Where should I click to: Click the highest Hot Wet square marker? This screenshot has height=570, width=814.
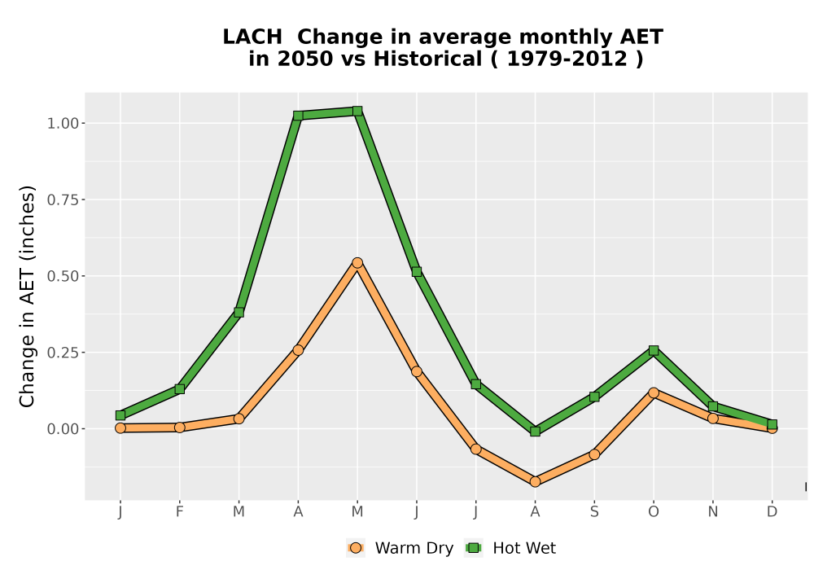click(357, 111)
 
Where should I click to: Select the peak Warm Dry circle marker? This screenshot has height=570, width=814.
click(357, 263)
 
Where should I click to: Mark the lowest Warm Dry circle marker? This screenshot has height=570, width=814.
click(536, 482)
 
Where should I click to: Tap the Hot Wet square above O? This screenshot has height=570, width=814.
click(654, 350)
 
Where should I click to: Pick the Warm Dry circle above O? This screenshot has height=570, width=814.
click(654, 392)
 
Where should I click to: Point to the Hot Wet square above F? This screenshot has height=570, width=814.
click(180, 389)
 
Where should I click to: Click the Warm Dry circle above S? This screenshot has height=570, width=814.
click(594, 454)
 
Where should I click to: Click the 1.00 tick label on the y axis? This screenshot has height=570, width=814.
click(63, 124)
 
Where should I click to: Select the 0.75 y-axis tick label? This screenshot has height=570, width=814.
click(63, 199)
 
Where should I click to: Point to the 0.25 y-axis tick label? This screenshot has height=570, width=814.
click(63, 353)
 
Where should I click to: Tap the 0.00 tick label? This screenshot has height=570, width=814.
click(63, 429)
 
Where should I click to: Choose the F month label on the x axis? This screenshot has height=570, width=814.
click(180, 512)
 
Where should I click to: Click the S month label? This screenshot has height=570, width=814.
click(594, 512)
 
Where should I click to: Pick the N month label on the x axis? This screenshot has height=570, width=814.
click(713, 512)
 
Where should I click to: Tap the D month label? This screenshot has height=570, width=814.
click(772, 512)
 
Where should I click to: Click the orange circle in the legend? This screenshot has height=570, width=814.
click(356, 548)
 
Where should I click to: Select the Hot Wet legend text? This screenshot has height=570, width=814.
click(524, 548)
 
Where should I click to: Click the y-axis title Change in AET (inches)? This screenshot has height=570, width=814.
click(27, 296)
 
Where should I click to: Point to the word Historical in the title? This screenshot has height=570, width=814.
click(428, 59)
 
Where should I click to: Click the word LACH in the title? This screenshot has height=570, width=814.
click(252, 37)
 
